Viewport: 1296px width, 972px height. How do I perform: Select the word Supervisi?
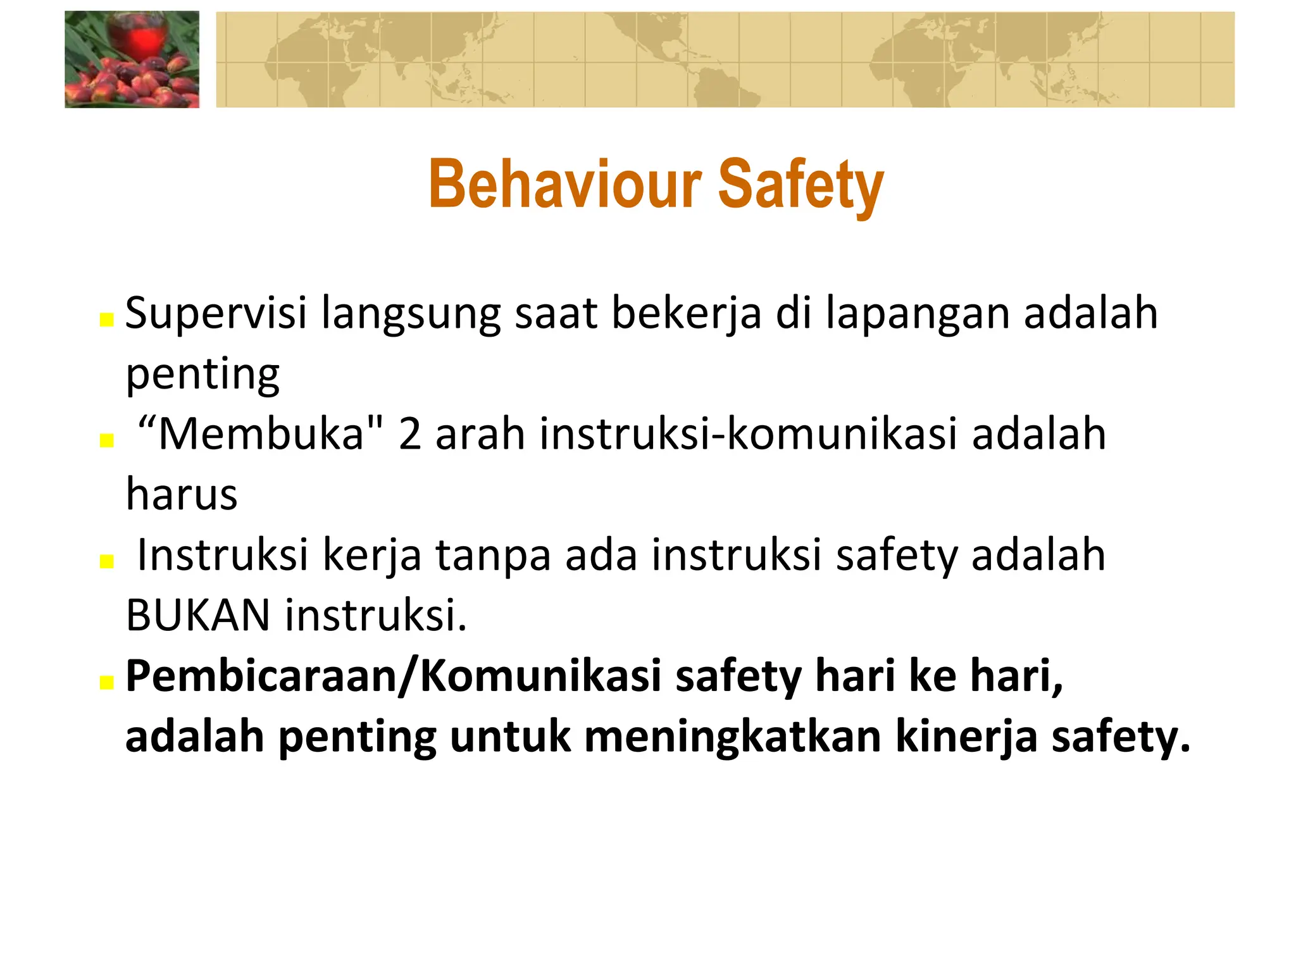point(216,314)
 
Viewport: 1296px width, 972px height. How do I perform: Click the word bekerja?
point(686,314)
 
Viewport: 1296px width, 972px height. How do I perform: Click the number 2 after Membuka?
point(410,435)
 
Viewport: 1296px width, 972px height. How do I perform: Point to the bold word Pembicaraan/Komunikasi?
point(394,676)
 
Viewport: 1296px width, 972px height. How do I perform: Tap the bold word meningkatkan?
point(733,737)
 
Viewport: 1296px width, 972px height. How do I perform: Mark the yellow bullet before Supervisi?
point(106,320)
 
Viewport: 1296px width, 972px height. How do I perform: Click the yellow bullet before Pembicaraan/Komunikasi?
point(106,682)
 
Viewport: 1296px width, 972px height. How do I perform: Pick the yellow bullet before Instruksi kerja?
point(106,561)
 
